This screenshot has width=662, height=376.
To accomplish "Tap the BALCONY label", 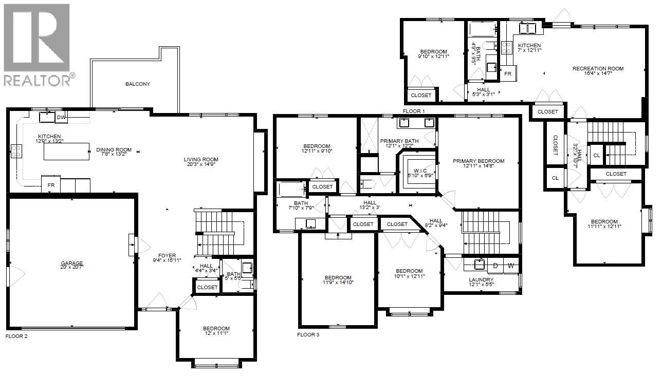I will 138,84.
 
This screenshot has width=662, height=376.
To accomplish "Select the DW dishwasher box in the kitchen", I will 61,118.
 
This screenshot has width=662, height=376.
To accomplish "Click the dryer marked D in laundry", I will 495,266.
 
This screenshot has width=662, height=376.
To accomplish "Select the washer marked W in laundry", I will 511,266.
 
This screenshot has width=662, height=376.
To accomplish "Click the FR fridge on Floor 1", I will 508,73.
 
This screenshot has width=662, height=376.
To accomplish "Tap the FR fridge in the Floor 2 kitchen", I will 51,185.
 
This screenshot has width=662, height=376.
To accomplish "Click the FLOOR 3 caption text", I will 308,334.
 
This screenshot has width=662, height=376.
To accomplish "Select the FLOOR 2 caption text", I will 16,336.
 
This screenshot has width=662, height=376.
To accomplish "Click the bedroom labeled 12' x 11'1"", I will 216,331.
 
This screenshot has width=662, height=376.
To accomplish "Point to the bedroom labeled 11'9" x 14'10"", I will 338,280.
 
